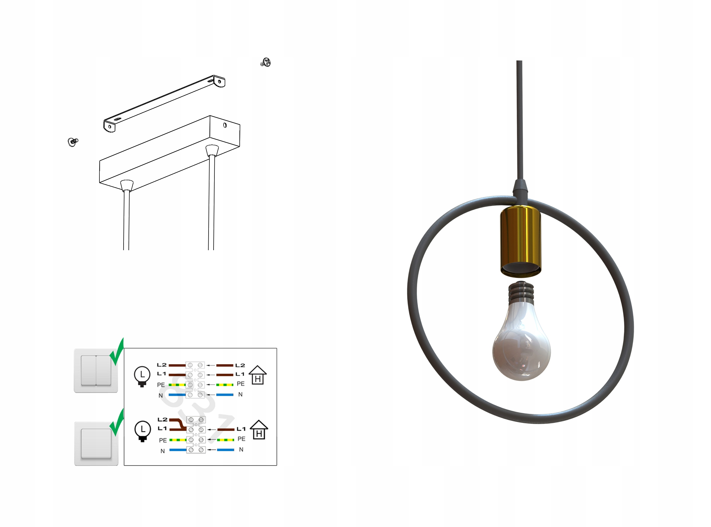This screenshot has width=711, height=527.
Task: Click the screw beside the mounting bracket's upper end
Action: click(266, 62)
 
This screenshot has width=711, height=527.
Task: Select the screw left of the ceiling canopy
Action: click(73, 142)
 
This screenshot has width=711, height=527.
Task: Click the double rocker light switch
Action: click(96, 371)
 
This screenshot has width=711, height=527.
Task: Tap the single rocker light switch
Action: click(96, 444)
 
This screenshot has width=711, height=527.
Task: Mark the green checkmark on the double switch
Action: click(117, 352)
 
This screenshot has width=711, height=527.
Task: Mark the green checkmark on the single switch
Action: click(117, 423)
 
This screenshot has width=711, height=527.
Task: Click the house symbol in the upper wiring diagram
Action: click(258, 375)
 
